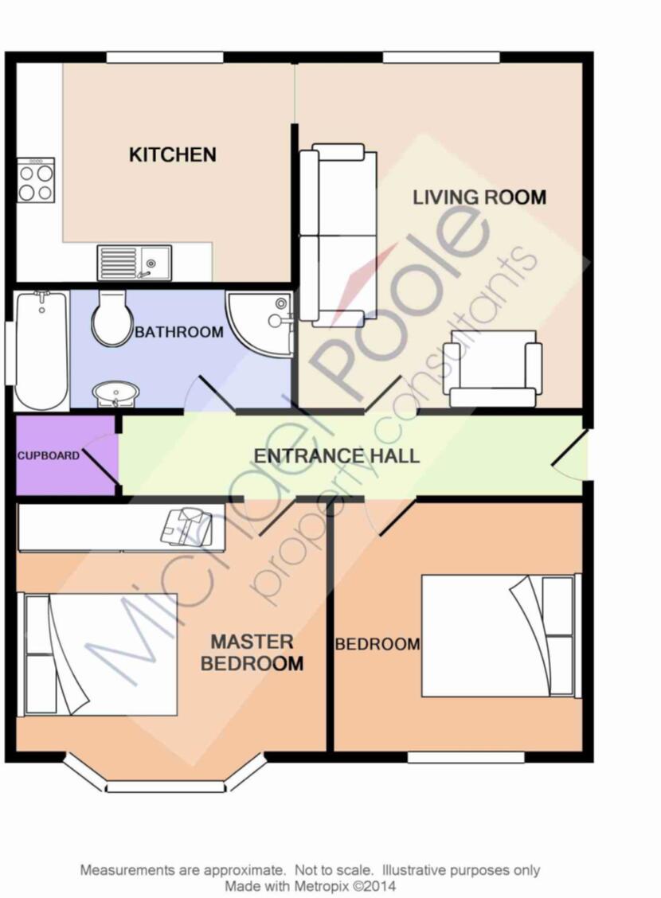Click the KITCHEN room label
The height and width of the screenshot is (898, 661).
[x=172, y=154]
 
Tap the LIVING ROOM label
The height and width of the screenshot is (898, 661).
[x=479, y=197]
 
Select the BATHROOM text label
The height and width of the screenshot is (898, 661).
[x=178, y=332]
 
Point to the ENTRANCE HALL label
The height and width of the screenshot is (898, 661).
[x=336, y=456]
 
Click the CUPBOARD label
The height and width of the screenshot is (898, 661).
[x=49, y=456]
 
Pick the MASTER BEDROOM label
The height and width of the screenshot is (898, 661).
[x=252, y=652]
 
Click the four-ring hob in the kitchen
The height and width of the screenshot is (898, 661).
[x=36, y=181]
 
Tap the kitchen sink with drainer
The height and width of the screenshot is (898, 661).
[x=134, y=262]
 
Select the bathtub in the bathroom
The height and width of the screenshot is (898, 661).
[x=40, y=350]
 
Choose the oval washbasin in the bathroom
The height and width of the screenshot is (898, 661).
[x=116, y=393]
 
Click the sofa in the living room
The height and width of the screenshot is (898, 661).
[x=338, y=235]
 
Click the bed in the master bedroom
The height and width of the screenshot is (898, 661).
[x=97, y=654]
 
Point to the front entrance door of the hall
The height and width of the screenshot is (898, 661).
[x=570, y=455]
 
